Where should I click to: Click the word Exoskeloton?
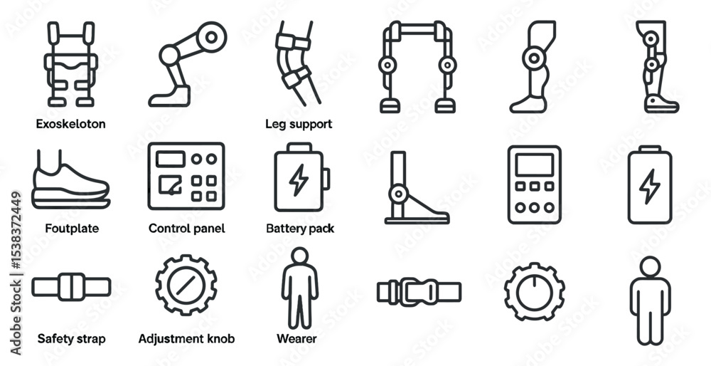(70, 124)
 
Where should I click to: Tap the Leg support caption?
(299, 124)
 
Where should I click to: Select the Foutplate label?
(72, 228)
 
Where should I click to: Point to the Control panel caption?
(187, 228)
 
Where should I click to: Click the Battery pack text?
(300, 228)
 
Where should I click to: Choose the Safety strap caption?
(72, 339)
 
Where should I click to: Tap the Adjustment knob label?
(187, 339)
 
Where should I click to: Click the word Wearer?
(296, 339)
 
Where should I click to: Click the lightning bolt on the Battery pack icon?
(299, 180)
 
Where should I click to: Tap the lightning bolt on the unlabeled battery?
(650, 186)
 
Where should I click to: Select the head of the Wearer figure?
(300, 255)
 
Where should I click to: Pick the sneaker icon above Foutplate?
(70, 180)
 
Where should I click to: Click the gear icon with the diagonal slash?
(186, 285)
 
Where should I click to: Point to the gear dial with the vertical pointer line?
(535, 292)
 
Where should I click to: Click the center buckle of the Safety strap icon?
(72, 287)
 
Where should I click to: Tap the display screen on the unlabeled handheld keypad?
(535, 164)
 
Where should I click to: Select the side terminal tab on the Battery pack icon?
(326, 179)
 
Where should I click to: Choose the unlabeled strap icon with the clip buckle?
(419, 292)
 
